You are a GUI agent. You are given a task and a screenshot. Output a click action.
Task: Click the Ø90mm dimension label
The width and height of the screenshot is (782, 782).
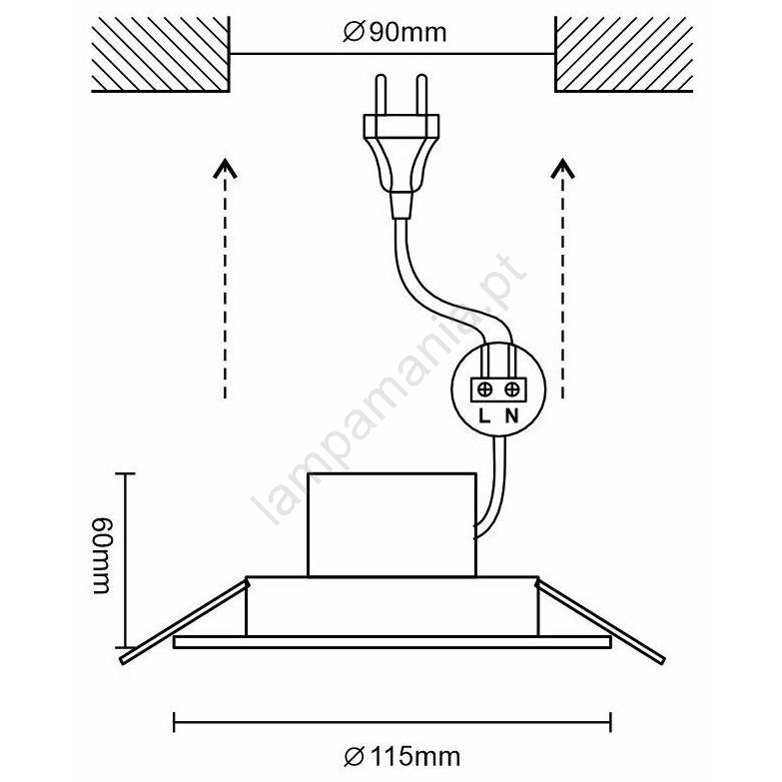point(392,32)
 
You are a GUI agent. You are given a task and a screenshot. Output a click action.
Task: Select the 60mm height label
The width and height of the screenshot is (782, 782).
point(101,559)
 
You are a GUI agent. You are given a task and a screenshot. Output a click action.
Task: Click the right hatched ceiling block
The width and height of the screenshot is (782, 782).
point(622,55)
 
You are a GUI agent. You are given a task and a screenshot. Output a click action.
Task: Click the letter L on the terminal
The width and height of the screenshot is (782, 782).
point(483,414)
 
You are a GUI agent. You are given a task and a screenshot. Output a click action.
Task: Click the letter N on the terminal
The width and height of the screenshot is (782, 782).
point(511,414)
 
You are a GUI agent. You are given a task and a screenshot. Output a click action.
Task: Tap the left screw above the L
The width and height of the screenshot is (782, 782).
point(484,389)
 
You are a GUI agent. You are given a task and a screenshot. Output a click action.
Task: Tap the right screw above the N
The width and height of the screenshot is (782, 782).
point(511,389)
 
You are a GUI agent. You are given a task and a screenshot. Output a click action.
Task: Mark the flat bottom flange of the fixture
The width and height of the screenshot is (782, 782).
point(392,641)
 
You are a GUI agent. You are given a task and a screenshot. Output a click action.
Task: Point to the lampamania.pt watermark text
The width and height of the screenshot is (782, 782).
point(390,390)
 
